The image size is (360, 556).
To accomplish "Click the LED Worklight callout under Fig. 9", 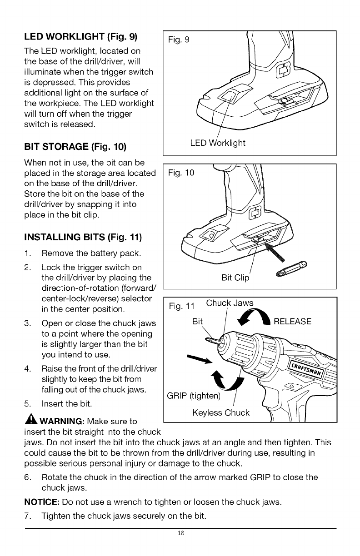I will (x=217, y=143).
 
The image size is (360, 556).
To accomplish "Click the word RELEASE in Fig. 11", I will (x=292, y=322).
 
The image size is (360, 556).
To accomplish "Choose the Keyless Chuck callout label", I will (x=221, y=412).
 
